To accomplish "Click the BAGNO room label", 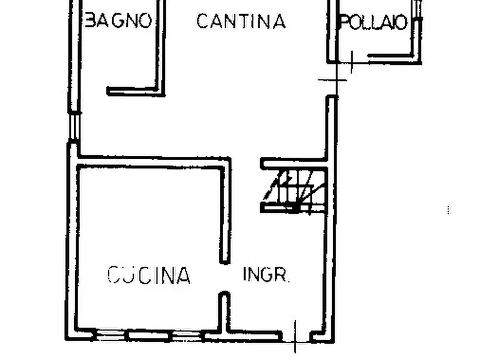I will pos(119,21).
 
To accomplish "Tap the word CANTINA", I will pos(240,21).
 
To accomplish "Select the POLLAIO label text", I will pos(374,23).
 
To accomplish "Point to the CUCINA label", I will pos(149,275).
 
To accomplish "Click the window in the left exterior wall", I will pos(75,127).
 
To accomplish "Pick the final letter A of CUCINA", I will pos(183,276).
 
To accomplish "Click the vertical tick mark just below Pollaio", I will pos(352,61).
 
